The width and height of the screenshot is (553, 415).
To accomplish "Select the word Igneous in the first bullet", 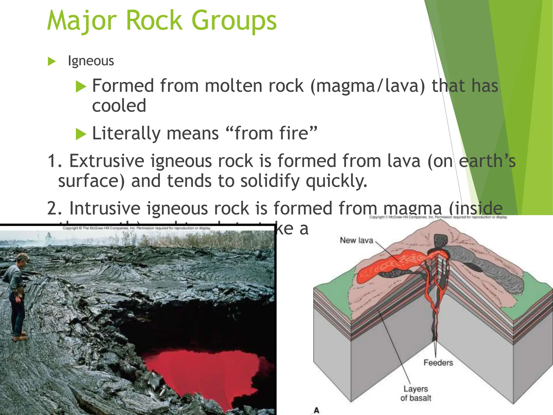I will click(91, 61).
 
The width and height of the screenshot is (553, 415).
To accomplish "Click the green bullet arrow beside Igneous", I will click(51, 61).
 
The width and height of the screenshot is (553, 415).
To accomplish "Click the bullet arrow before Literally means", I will click(81, 134).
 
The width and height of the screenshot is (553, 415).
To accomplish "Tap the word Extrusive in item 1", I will click(107, 161).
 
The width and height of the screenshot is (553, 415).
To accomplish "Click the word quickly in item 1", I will click(336, 181).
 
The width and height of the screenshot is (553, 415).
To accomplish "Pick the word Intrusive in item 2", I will click(104, 208).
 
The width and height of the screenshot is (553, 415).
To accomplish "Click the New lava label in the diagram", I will click(356, 240).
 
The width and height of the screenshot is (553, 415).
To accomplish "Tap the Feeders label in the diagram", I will click(438, 363).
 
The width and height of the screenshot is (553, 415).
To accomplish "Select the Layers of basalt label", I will click(416, 393).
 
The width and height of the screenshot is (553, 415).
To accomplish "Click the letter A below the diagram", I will click(316, 410).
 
